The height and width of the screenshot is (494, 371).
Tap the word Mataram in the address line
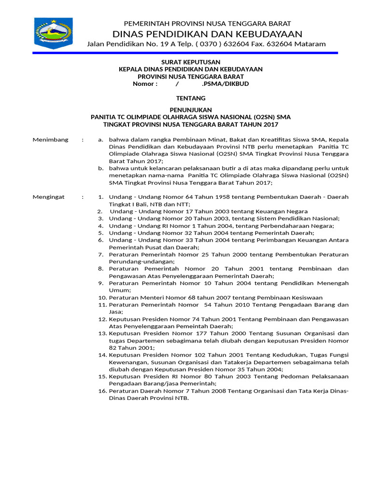pos(310,44)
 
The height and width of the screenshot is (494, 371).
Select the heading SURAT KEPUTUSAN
pos(190,62)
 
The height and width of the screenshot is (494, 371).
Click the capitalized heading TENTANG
pos(190,98)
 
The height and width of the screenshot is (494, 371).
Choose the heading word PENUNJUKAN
pos(190,110)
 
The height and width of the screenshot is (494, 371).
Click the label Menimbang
pos(48,140)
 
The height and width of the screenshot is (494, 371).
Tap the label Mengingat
pos(48,197)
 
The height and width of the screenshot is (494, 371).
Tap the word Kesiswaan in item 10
pos(300,298)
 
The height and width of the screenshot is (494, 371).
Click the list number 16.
pos(102,391)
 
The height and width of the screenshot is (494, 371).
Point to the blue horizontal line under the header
pos(185,53)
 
